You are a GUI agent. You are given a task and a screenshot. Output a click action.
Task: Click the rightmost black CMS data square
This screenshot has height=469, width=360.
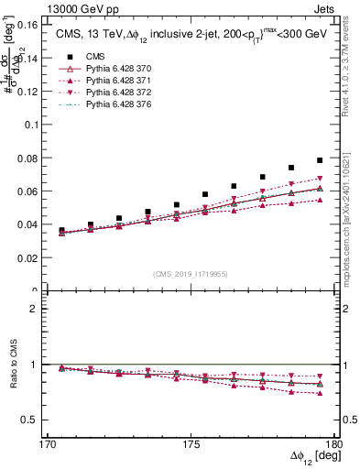pyautogui.click(x=320, y=160)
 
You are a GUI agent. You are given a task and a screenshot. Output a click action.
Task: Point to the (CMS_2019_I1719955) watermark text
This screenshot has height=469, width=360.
pyautogui.click(x=191, y=273)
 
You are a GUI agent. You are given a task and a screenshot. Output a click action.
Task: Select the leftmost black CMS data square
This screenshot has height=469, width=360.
pyautogui.click(x=62, y=231)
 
